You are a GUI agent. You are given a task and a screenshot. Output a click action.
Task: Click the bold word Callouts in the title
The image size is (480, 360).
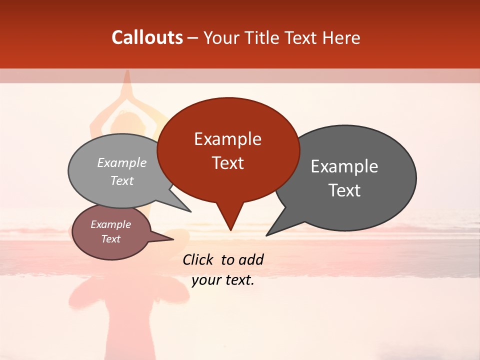147,37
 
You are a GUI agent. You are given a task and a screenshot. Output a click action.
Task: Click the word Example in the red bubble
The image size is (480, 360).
227,139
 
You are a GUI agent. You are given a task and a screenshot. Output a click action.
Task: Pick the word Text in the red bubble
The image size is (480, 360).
227,163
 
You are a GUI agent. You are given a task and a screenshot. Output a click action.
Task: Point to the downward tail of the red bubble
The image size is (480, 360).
230,220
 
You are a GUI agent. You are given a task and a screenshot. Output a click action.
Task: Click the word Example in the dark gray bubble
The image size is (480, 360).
344,166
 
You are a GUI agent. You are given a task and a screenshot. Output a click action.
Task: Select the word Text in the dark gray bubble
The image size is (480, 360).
344,190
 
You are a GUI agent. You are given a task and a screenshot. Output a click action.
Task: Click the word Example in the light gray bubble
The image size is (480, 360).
122,163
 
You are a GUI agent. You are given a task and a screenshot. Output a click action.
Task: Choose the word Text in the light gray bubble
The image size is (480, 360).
122,181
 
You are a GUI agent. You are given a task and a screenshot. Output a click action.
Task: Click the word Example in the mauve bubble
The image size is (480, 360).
111,224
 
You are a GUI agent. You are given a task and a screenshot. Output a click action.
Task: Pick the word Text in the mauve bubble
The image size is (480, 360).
111,239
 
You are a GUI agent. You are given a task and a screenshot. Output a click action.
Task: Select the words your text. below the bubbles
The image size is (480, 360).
223,280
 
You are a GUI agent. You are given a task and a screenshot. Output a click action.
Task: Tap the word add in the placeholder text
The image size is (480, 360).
251,259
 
